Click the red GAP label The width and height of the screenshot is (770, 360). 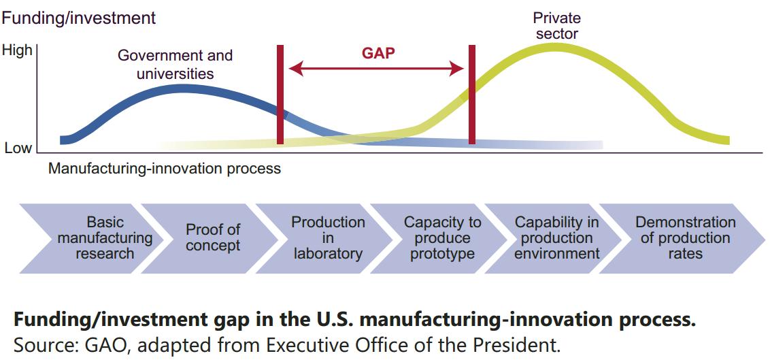click(378, 53)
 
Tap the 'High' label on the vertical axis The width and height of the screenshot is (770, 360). click(17, 50)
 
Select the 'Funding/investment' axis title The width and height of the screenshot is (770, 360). click(78, 18)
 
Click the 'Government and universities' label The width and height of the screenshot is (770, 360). click(175, 65)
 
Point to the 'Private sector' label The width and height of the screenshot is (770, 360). click(556, 26)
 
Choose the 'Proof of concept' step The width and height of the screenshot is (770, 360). click(213, 238)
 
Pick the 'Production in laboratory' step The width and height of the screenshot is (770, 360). click(328, 238)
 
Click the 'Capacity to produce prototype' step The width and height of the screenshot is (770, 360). click(443, 238)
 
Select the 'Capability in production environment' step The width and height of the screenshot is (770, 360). click(557, 238)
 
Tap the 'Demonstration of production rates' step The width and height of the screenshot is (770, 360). click(685, 238)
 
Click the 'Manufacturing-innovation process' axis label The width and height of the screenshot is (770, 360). click(164, 168)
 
